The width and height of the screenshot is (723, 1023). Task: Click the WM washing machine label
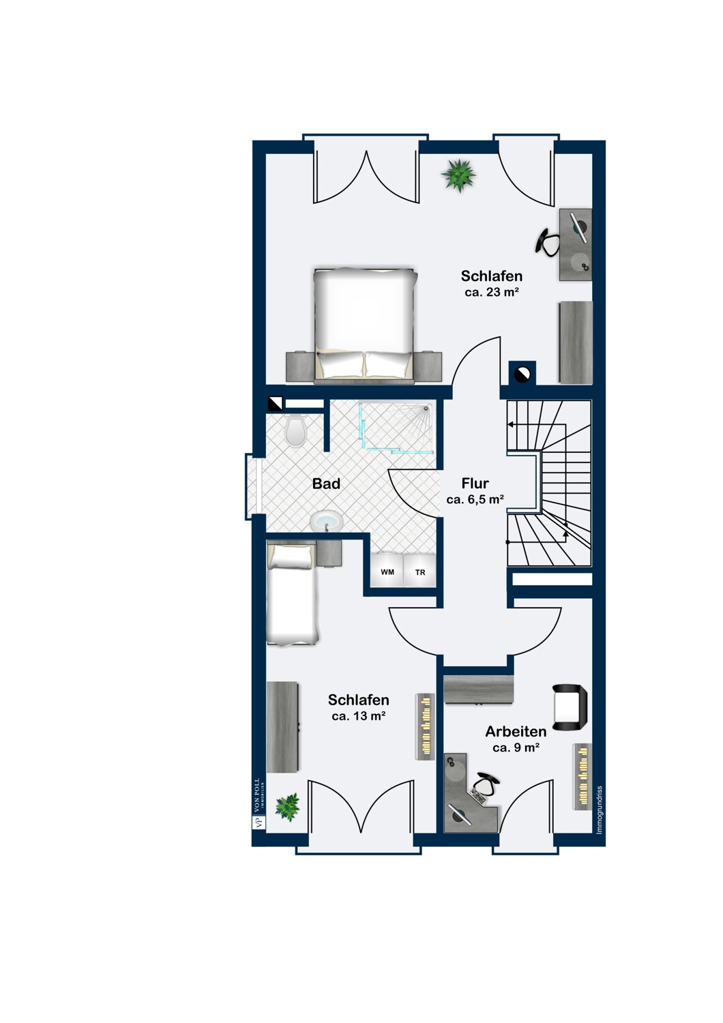tap(387, 572)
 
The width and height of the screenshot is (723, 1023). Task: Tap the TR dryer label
tap(420, 572)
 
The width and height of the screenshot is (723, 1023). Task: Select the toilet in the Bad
tap(295, 430)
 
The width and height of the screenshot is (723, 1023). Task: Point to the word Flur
tap(475, 483)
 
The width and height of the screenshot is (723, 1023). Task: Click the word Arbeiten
tap(516, 731)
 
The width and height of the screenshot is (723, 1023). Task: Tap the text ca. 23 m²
tap(492, 293)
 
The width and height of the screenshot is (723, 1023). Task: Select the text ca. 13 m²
tap(359, 716)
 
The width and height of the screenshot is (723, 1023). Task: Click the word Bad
tap(326, 484)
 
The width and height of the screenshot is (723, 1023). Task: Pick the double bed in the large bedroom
tap(366, 324)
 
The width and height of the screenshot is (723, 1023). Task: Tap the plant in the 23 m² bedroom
tap(458, 175)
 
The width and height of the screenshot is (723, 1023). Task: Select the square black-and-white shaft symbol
tap(275, 403)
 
